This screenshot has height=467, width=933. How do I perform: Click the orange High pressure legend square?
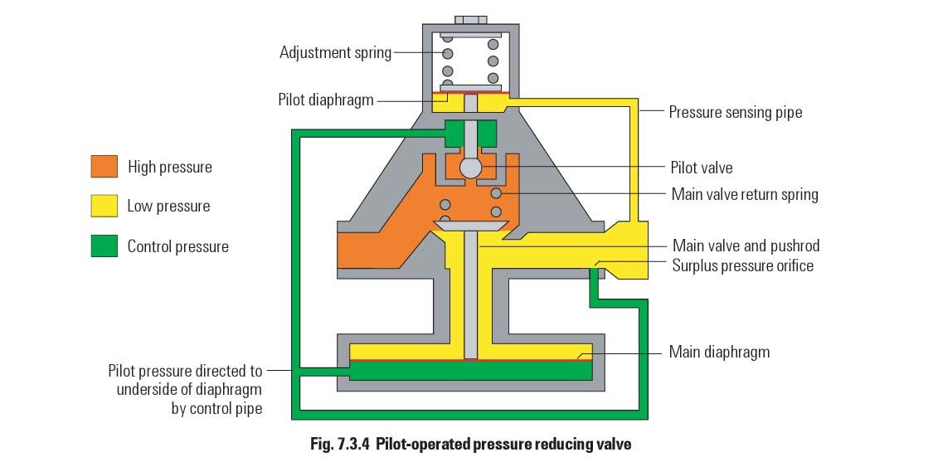coord(104,167)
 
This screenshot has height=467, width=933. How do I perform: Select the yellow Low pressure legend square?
coord(104,207)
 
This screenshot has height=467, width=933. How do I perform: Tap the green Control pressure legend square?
coord(104,246)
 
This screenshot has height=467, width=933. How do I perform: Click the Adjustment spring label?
coord(335,53)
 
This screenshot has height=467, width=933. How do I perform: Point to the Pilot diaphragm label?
coord(325,100)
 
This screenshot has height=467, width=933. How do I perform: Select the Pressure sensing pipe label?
coord(736,112)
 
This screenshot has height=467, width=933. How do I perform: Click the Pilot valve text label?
coord(702,168)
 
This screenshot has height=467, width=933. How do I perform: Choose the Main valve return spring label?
coord(744,194)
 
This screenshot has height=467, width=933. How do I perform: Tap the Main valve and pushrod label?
coord(746,246)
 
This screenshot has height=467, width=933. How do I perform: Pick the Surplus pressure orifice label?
coord(742,265)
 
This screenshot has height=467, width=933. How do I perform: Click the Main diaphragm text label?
coord(719,352)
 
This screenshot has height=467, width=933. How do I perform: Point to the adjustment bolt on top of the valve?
coord(470,20)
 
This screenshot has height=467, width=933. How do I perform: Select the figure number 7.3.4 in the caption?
coord(347,444)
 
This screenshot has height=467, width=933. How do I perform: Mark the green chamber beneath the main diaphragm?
coord(470,371)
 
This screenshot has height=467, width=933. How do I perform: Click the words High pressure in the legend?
coord(169,167)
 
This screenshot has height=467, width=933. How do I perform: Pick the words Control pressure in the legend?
coord(177,246)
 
